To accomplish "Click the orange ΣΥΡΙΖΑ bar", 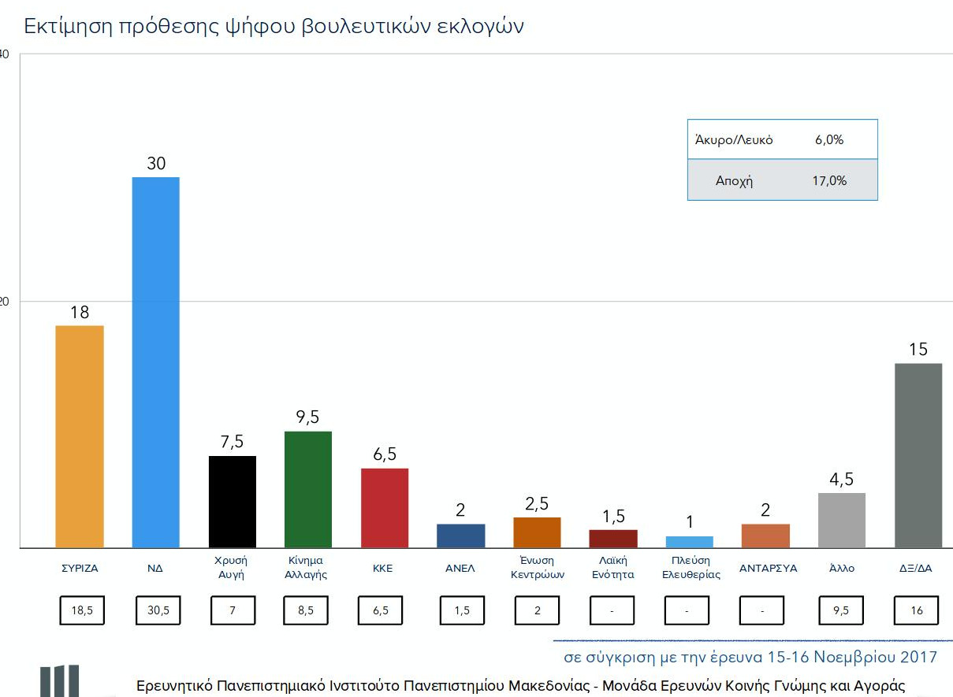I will click(80, 436).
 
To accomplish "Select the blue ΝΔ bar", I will click(155, 362).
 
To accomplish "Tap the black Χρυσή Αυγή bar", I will click(232, 502).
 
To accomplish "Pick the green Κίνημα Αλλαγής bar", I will click(307, 489).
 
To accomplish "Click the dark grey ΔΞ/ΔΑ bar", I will click(918, 455).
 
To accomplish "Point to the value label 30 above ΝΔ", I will click(155, 163).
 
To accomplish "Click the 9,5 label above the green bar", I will click(307, 417).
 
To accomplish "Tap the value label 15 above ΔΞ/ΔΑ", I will click(918, 349).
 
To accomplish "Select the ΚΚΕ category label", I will click(384, 568).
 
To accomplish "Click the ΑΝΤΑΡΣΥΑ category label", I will click(768, 568).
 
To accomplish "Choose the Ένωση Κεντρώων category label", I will click(537, 567).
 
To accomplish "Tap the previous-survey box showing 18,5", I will click(82, 610).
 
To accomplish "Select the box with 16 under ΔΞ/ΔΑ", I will click(915, 610).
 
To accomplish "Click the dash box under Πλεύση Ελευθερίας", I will click(687, 610).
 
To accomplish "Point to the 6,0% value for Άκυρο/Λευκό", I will click(829, 140).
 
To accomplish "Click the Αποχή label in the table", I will click(734, 180).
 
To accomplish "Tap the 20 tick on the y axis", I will click(4, 302).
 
